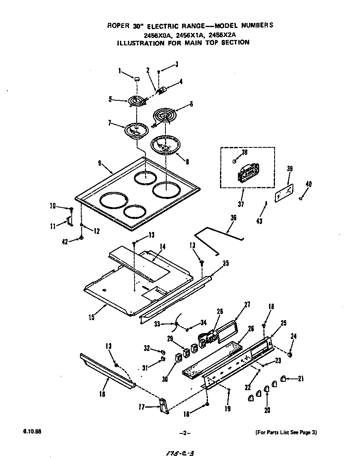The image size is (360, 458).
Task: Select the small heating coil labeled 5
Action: tap(135, 101)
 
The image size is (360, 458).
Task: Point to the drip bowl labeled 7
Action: tap(137, 130)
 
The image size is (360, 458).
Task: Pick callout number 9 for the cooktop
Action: tap(100, 164)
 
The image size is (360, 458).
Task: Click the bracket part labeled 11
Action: tap(69, 222)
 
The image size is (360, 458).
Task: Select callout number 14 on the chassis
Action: tap(162, 246)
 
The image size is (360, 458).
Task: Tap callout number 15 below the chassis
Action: tap(92, 318)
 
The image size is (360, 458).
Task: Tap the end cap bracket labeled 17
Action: tap(163, 406)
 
